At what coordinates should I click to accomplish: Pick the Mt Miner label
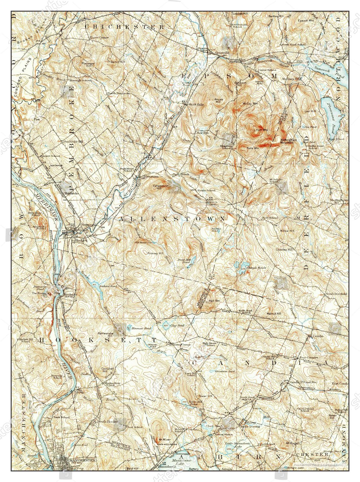click(x=164, y=439)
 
